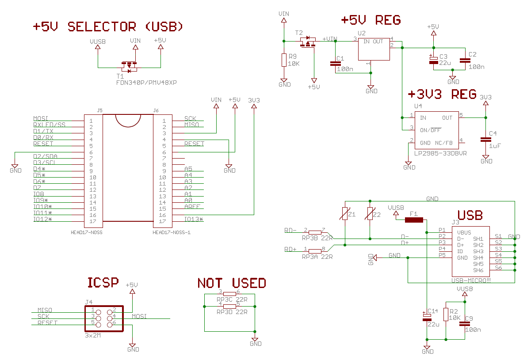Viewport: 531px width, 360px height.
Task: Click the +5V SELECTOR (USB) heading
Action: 108,27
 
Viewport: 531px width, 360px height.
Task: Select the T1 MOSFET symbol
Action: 130,67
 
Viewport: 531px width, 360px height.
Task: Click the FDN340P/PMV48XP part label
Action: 146,83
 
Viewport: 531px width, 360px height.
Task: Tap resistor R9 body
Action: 284,60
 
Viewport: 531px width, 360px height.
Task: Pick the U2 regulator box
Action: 374,49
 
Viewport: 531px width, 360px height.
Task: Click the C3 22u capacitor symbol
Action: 434,60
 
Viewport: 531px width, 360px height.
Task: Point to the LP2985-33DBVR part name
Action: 440,153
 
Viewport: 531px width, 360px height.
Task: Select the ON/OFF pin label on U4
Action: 430,130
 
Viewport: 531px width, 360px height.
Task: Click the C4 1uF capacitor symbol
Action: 485,139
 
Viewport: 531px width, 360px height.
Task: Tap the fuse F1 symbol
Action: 414,220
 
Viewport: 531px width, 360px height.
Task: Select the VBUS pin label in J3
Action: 464,232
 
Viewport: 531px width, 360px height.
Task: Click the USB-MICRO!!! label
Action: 471,280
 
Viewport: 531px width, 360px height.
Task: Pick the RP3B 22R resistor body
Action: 315,232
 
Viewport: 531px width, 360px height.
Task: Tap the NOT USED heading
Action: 231,283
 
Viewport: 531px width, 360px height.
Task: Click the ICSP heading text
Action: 103,282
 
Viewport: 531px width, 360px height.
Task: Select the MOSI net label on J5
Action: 41,119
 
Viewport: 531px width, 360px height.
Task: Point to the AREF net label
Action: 192,207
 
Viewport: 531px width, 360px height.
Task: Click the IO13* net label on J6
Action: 194,220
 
